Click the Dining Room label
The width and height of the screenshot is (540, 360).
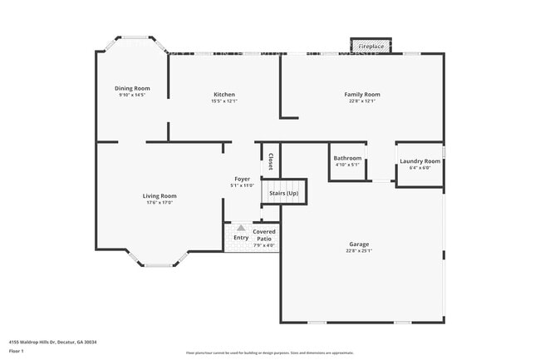tap(132, 88)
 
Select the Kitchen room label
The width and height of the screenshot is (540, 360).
tap(224, 95)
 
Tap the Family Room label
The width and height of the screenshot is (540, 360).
tap(361, 95)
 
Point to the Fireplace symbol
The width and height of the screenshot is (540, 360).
tap(371, 47)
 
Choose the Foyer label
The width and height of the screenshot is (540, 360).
tap(242, 179)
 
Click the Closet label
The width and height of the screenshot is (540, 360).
tap(270, 160)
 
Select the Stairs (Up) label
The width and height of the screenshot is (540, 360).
tap(284, 193)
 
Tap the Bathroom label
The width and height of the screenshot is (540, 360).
tap(347, 158)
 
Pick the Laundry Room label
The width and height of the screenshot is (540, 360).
tap(420, 161)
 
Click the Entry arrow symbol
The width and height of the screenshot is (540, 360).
tap(240, 227)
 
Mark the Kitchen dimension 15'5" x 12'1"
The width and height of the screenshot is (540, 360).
tap(224, 101)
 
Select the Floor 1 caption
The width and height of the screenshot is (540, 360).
tap(17, 351)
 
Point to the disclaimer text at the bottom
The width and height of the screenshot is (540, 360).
tap(269, 353)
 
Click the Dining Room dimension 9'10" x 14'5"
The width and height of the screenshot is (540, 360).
tap(132, 95)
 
